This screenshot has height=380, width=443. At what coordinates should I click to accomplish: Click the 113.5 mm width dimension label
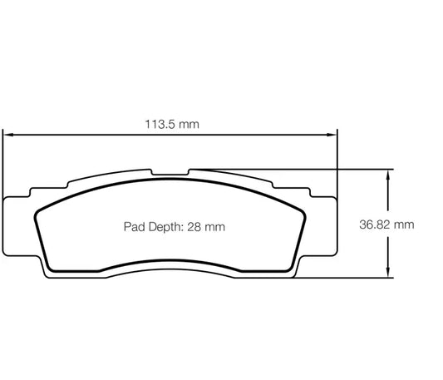tap(171, 125)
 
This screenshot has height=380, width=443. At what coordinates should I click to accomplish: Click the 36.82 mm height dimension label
tap(386, 225)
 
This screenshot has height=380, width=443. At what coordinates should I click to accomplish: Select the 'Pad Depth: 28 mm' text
tap(175, 226)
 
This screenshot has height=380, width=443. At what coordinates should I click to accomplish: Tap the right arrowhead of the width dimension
tap(335, 133)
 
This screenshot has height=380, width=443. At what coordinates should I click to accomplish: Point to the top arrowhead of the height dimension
tap(387, 172)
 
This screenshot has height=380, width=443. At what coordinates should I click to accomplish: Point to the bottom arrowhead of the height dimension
tap(387, 274)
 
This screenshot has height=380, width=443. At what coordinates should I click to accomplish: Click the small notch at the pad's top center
tap(171, 173)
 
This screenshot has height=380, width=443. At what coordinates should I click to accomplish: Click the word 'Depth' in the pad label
tap(165, 226)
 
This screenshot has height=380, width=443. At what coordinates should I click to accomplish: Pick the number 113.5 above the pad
tap(161, 125)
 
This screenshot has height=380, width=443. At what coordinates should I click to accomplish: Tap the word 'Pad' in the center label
tap(134, 226)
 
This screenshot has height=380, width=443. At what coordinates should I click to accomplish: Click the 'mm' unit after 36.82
tap(403, 225)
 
